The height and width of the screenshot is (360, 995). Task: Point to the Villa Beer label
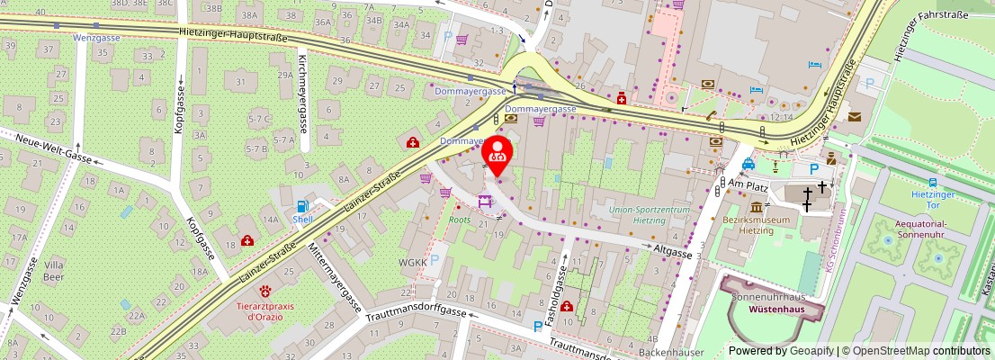tap(55, 271)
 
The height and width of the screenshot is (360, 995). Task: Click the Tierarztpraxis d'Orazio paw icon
tap(266, 292)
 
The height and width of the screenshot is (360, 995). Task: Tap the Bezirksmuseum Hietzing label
tap(757, 225)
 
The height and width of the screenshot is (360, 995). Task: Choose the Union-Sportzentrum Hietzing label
tap(650, 214)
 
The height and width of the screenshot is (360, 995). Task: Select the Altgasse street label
tap(673, 254)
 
